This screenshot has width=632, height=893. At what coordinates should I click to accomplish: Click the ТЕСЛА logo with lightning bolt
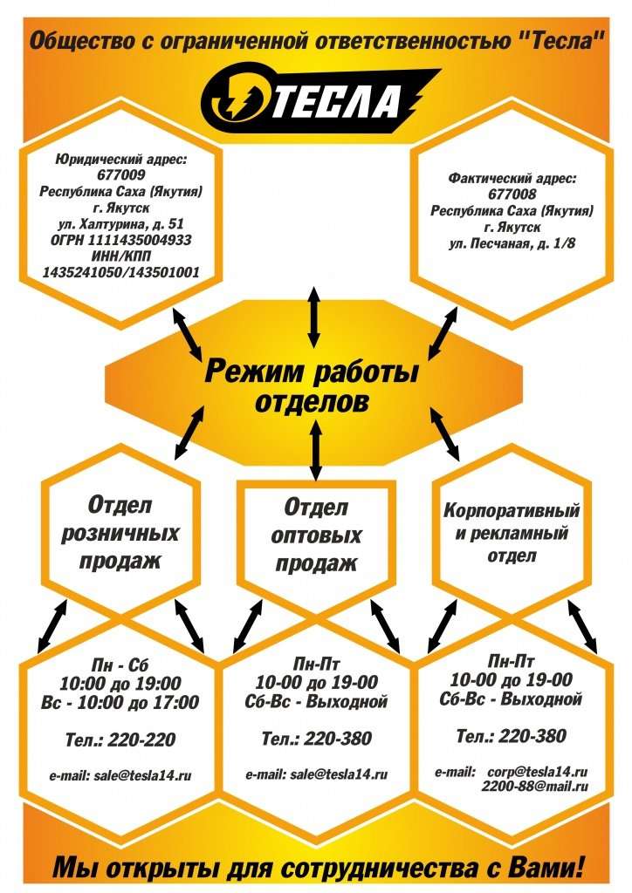pyautogui.click(x=319, y=101)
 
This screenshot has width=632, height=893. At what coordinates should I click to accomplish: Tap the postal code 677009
pyautogui.click(x=120, y=174)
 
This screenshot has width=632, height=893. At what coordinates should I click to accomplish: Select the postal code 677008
pyautogui.click(x=512, y=194)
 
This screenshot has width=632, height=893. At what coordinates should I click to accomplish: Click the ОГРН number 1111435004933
pyautogui.click(x=120, y=240)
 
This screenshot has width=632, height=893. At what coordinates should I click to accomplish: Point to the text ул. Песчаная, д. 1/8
pyautogui.click(x=512, y=244)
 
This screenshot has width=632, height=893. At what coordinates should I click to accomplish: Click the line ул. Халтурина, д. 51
pyautogui.click(x=120, y=224)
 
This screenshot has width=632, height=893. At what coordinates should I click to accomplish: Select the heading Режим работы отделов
pyautogui.click(x=312, y=386)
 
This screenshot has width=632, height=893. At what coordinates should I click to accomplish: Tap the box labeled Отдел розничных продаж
pyautogui.click(x=120, y=534)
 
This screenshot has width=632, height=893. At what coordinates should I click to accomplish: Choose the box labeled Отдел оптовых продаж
pyautogui.click(x=316, y=535)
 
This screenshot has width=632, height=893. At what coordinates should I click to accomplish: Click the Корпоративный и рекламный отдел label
pyautogui.click(x=512, y=532)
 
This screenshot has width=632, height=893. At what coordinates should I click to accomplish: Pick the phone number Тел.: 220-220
pyautogui.click(x=120, y=740)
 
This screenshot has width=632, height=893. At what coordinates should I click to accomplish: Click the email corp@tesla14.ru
pyautogui.click(x=538, y=773)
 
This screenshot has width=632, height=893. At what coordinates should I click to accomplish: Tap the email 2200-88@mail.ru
pyautogui.click(x=534, y=787)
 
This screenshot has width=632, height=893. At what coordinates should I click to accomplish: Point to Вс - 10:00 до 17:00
pyautogui.click(x=120, y=702)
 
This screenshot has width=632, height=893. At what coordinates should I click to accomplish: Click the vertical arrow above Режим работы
pyautogui.click(x=313, y=317)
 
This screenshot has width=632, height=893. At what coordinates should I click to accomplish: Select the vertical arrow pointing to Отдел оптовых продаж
pyautogui.click(x=316, y=449)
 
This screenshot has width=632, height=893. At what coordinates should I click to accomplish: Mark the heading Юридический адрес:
pyautogui.click(x=120, y=160)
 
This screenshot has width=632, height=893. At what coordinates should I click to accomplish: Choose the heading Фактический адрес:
pyautogui.click(x=512, y=179)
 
